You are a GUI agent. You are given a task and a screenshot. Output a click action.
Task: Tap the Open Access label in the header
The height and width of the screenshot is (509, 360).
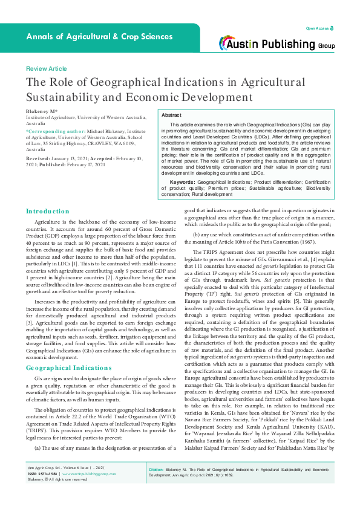click(x=318, y=28)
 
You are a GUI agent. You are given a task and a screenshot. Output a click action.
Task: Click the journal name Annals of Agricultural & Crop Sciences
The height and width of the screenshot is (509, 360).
click(x=99, y=37)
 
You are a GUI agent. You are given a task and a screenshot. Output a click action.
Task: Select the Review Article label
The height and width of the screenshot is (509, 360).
click(x=46, y=69)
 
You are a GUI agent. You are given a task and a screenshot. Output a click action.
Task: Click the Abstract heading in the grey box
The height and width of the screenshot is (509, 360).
click(x=171, y=115)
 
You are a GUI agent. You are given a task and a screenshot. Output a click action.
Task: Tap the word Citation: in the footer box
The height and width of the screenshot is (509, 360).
click(x=157, y=485)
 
